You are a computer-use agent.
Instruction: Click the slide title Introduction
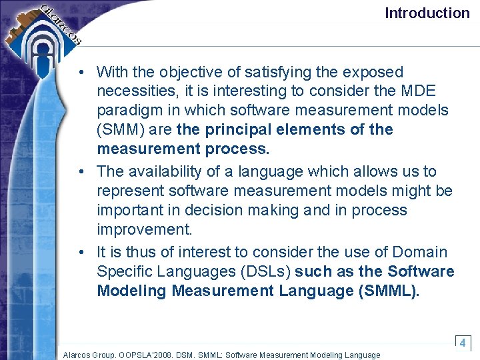coord(427,13)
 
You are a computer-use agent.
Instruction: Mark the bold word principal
coord(233,129)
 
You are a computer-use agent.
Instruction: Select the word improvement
coord(144,229)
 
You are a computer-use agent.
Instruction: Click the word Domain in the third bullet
coord(420,252)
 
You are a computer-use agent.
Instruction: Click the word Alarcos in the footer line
coord(79,355)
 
